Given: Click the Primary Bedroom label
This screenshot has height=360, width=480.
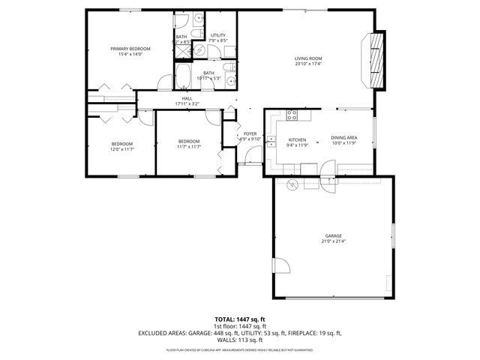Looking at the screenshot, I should (126, 49).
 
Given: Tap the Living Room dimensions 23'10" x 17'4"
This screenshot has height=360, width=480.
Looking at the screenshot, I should (307, 64).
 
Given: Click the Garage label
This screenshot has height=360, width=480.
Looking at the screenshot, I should (333, 235).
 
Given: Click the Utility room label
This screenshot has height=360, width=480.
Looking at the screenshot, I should (217, 35).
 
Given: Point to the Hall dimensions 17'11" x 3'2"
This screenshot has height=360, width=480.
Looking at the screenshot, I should (187, 103).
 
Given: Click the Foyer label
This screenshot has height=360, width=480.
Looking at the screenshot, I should (250, 133).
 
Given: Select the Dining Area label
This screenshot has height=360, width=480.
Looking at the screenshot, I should (343, 137).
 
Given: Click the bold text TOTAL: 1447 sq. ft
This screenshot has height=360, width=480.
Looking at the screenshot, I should (239, 319).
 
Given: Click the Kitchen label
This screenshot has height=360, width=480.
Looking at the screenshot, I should (298, 139).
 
